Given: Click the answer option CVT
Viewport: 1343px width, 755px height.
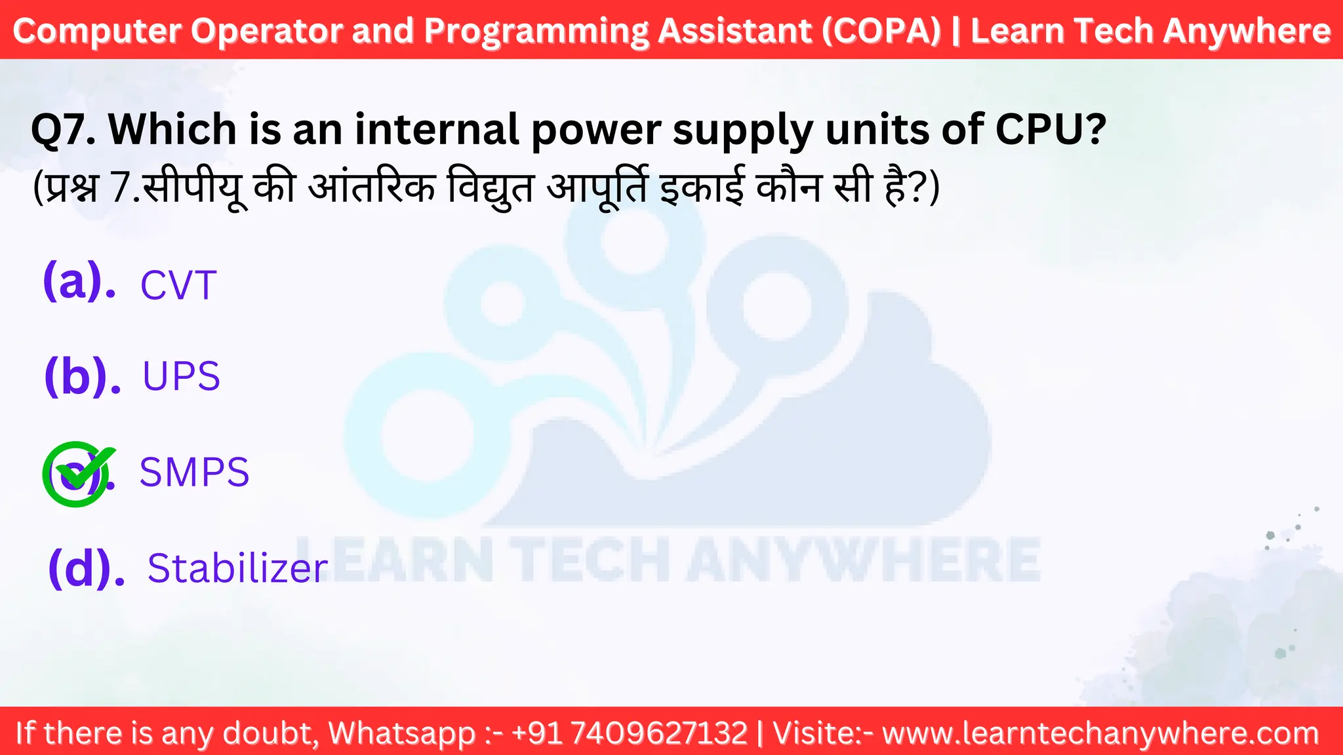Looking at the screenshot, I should point(178,286).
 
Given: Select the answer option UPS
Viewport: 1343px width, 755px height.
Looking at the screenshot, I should point(181,377).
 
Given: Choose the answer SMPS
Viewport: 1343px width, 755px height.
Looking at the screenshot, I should point(194,472).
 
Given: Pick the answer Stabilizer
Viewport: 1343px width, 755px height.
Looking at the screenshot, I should point(237,568).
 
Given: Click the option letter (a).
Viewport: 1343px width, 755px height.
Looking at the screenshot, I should point(79,282).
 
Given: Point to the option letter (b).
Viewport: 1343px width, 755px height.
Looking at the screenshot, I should point(82,377).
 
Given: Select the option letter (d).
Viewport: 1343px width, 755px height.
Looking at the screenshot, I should point(86,568).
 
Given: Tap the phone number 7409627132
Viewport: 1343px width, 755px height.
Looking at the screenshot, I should point(659,733).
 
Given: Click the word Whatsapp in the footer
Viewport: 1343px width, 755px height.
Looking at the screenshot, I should point(402,733).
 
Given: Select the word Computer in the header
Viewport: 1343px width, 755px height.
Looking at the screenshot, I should point(96,31).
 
